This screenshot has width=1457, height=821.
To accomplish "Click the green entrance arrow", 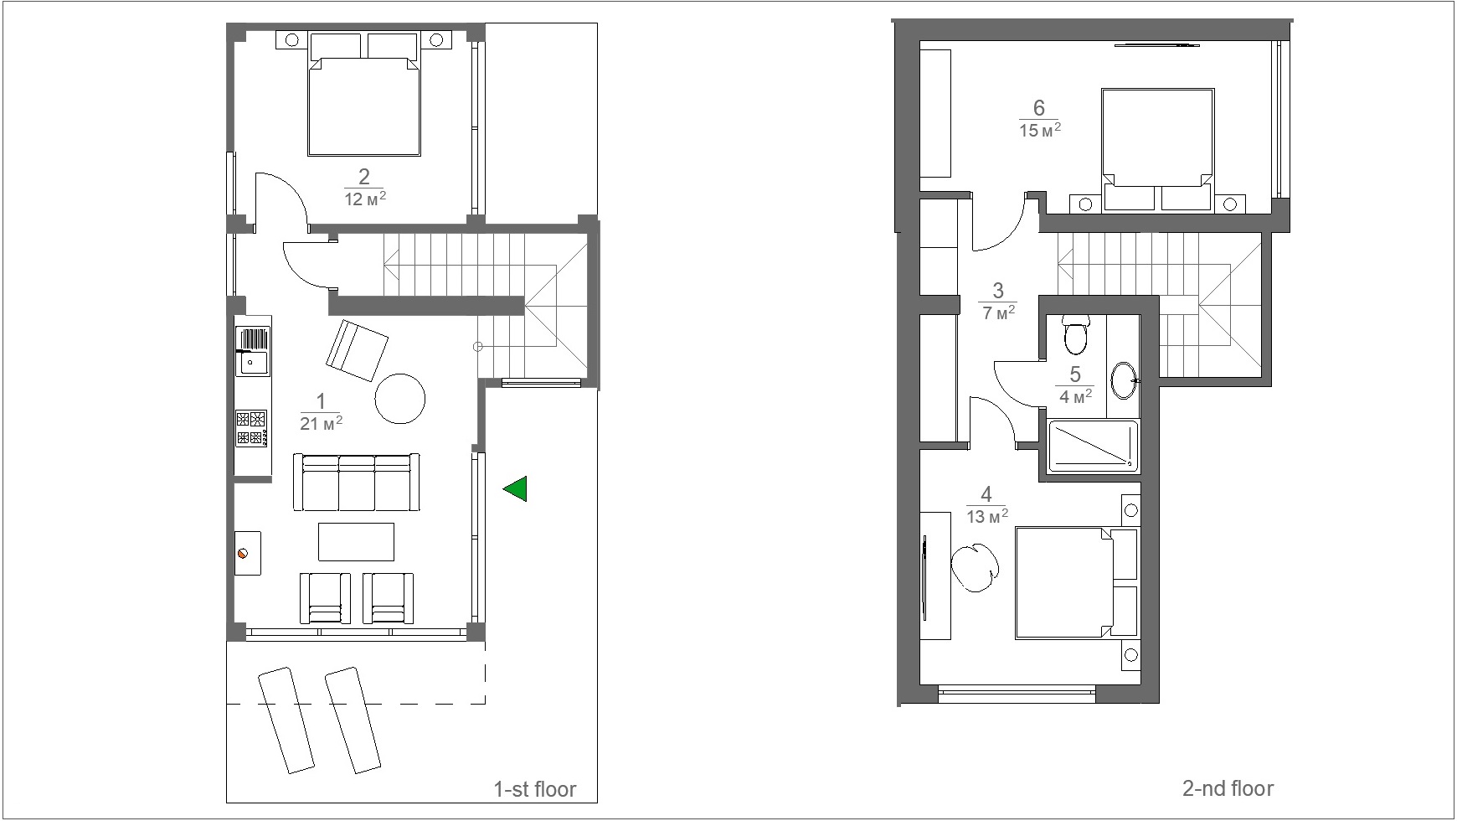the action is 517,488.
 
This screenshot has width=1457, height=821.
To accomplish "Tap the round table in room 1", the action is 400,398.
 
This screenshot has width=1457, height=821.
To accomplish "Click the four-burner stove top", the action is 251,427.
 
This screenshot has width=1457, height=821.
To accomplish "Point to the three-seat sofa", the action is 357,482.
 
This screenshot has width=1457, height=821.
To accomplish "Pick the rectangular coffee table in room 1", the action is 356,541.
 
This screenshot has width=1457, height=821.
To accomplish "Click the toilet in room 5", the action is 1074,335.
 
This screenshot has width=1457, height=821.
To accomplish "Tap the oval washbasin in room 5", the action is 1125,380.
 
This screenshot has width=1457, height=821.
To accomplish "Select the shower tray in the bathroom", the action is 1093,447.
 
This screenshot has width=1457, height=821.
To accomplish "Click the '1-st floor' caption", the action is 535,789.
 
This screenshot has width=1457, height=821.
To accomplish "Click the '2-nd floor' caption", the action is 1228,788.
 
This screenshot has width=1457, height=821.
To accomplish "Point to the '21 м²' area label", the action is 322,423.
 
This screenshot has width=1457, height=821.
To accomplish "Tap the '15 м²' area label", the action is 1041,130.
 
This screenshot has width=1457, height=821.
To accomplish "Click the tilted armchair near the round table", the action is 357,350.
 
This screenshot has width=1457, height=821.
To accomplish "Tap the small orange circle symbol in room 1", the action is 244,553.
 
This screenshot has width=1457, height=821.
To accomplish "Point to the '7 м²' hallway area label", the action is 998,312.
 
